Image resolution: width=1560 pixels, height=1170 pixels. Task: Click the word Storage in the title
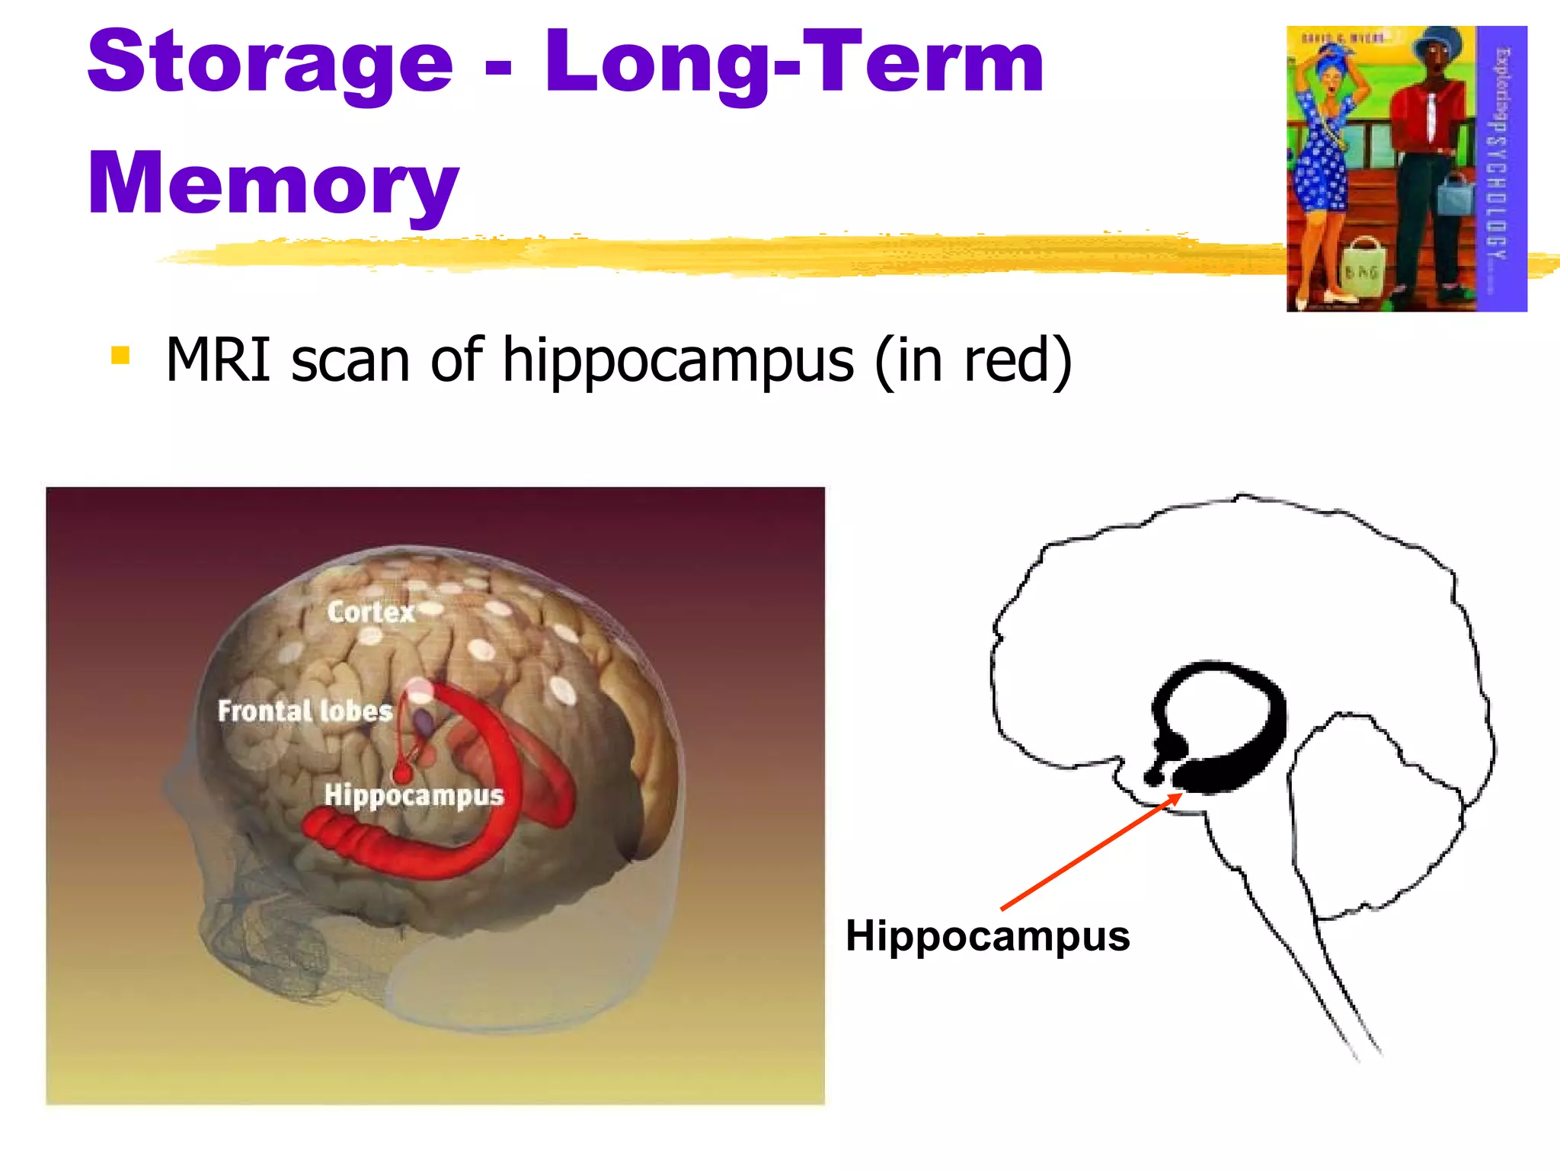270,65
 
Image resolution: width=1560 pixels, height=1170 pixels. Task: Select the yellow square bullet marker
120,356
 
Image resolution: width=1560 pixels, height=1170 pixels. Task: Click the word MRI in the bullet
218,360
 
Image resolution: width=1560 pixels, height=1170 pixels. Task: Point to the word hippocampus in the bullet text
678,361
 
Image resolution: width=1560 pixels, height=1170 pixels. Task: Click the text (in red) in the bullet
973,361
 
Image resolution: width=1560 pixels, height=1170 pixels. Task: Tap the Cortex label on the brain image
371,612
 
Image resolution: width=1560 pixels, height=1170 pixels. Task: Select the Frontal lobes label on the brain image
305,711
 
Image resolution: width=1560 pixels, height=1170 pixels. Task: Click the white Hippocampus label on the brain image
414,795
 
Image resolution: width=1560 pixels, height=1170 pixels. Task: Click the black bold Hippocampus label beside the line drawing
987,935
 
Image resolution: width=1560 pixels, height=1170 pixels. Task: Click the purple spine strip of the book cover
1501,168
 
